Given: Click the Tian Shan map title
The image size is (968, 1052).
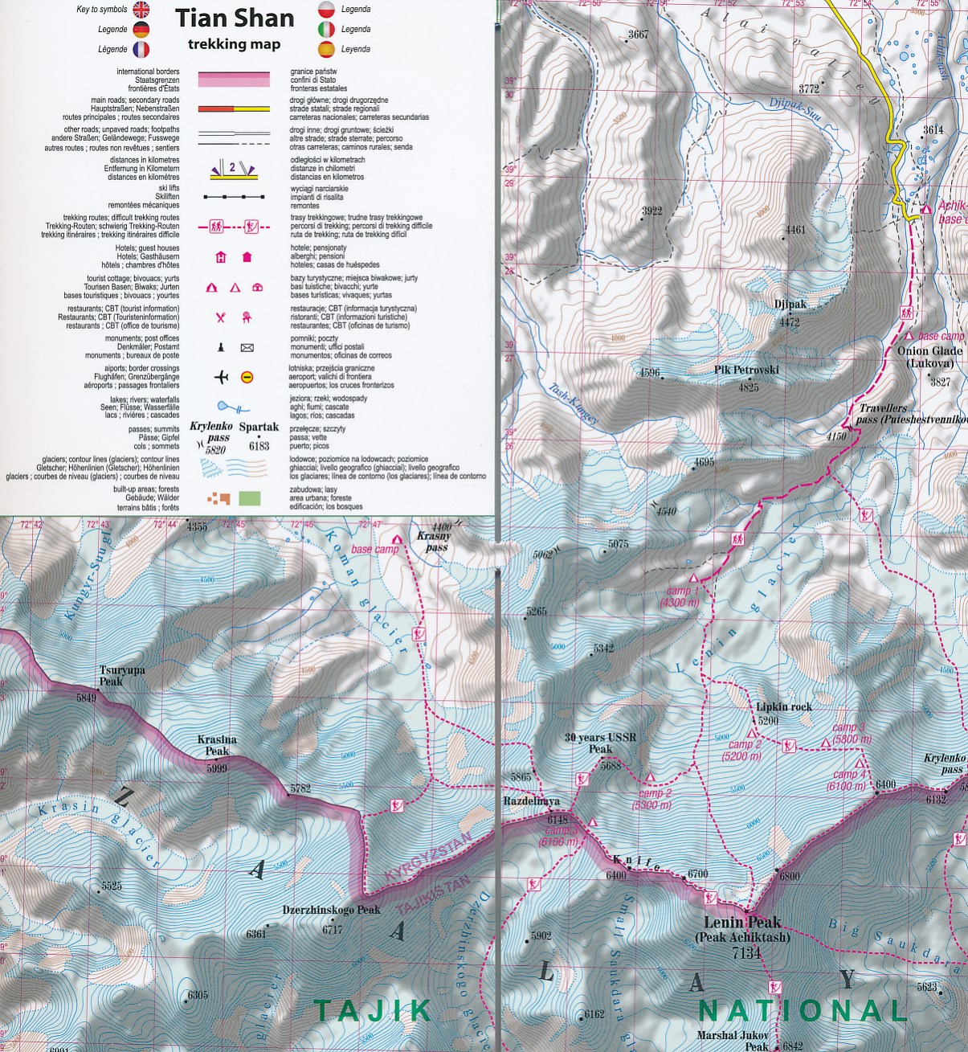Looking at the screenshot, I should tap(235, 18).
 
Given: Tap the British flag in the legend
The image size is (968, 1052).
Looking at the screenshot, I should tap(141, 10).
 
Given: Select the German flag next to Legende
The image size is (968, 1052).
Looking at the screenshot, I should tap(141, 30).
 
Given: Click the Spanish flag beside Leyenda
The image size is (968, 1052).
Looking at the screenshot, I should tap(326, 49).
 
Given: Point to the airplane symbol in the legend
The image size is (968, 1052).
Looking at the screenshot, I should tap(222, 377).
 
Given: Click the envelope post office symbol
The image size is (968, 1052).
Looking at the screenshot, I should tap(247, 348).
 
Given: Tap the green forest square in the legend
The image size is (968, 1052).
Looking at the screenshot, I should tap(250, 498).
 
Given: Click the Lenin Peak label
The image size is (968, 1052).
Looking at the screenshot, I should tap(742, 923).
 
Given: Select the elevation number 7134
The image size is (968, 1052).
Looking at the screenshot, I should tap(746, 953).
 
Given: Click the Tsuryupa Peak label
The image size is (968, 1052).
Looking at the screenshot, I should tap(122, 676).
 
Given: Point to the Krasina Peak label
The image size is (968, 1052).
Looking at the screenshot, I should tap(217, 745).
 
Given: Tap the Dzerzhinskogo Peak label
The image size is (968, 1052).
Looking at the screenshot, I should tap(331, 911).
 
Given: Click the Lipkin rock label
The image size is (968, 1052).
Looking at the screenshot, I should tap(783, 707).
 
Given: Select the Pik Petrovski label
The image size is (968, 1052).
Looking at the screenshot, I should tap(746, 370).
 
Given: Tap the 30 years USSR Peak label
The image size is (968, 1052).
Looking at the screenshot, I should tap(600, 743).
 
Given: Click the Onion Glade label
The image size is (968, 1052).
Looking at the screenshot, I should tap(929, 357).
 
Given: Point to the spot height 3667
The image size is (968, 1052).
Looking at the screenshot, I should tap(638, 35).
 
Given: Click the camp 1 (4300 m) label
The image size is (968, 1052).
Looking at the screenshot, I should tap(679, 596).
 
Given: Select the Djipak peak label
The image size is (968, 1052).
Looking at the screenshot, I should tap(790, 305).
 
